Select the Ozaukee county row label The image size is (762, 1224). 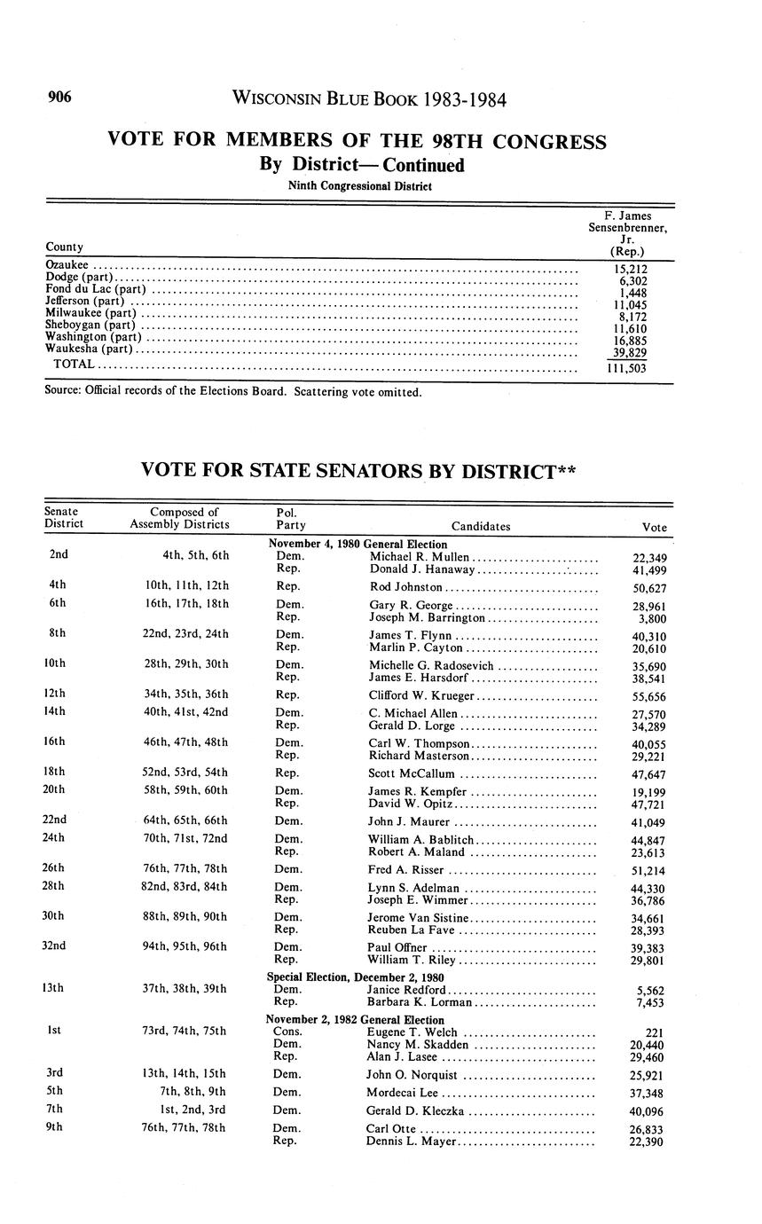pos(67,264)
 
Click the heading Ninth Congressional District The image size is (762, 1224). pos(359,186)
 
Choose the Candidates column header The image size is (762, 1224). pos(480,526)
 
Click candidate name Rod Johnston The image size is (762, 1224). pos(405,587)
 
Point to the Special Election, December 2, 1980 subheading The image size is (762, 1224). pos(356,977)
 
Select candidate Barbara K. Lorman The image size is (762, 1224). pos(419,1002)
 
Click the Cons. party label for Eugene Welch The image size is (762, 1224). pos(288,1032)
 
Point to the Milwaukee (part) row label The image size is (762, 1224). pos(90,312)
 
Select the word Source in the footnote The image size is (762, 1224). pos(63,391)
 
